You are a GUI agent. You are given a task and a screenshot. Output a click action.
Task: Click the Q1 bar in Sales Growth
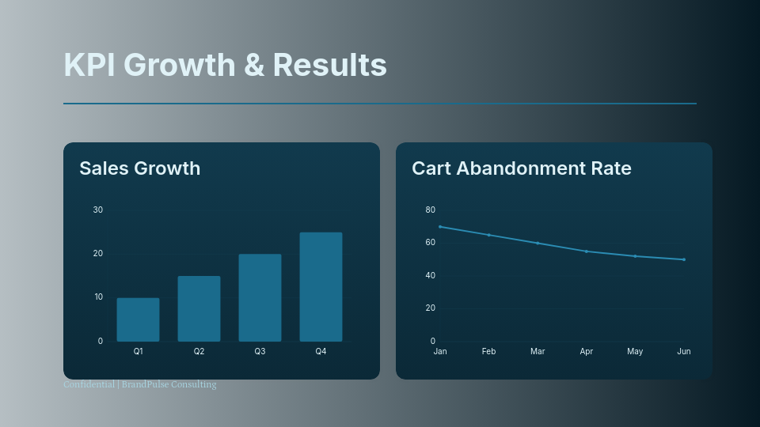(138, 319)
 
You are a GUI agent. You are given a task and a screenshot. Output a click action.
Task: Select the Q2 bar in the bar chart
(199, 308)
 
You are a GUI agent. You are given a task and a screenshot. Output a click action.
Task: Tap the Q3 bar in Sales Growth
(260, 297)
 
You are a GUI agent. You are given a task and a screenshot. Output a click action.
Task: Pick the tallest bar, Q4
(321, 286)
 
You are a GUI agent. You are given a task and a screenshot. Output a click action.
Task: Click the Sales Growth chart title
(139, 168)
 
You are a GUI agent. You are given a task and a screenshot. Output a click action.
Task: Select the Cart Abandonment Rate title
(521, 168)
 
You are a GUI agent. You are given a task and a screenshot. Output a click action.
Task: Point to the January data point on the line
(440, 227)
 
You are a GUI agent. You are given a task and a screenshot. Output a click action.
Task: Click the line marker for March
(538, 243)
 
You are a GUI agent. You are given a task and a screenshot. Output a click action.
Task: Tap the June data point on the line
(684, 259)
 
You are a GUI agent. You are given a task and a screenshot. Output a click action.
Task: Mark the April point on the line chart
(587, 251)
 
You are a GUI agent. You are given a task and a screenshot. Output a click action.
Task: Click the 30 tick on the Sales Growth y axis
(98, 210)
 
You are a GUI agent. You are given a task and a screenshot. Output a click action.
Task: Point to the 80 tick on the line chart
(431, 210)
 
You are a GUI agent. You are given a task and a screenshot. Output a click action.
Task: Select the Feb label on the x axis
(488, 351)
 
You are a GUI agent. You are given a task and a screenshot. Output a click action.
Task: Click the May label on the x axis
(635, 351)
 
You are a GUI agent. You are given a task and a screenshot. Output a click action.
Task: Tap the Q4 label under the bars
(321, 351)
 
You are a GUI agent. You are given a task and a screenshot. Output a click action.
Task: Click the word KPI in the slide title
(90, 65)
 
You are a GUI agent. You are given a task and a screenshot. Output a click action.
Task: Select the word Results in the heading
(329, 65)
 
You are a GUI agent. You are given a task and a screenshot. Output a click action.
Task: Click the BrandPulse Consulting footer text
(169, 385)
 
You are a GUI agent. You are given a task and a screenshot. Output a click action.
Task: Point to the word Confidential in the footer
(89, 385)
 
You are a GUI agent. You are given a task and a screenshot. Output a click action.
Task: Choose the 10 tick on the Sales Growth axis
(98, 297)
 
